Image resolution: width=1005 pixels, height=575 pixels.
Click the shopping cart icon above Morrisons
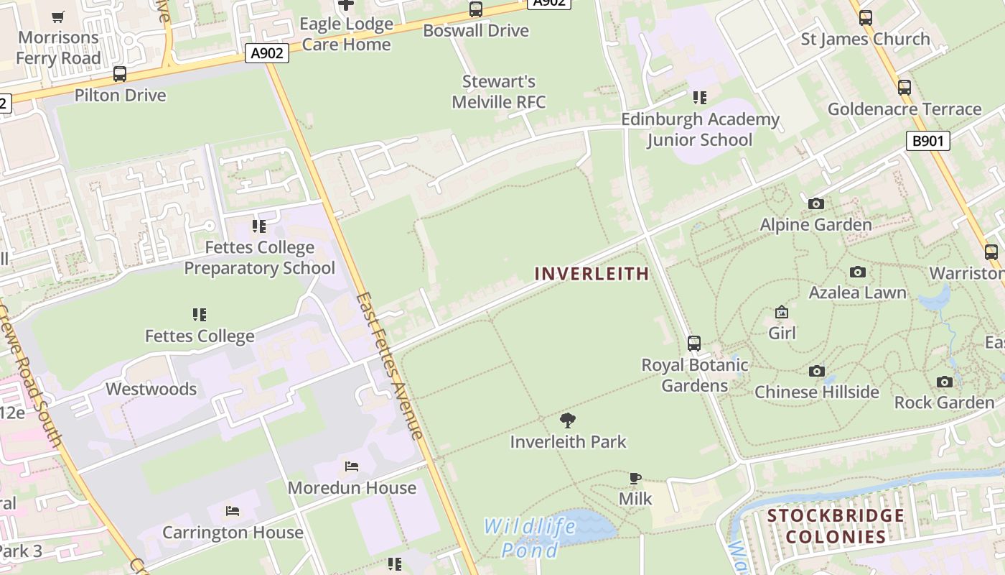pyautogui.click(x=58, y=17)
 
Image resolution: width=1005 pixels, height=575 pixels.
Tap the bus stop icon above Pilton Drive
pyautogui.click(x=120, y=74)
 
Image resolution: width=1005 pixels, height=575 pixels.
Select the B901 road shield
pyautogui.click(x=927, y=141)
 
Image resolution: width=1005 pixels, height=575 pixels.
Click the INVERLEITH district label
pyautogui.click(x=592, y=274)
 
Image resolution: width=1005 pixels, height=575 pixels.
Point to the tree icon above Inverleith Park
pyautogui.click(x=568, y=420)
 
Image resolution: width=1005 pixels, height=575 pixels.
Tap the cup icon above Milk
pyautogui.click(x=635, y=478)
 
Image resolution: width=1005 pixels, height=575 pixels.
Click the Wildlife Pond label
pyautogui.click(x=529, y=538)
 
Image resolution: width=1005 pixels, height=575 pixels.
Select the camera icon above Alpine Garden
pyautogui.click(x=815, y=204)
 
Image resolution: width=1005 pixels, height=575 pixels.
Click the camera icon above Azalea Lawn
pyautogui.click(x=857, y=272)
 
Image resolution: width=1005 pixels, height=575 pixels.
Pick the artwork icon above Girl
pyautogui.click(x=782, y=312)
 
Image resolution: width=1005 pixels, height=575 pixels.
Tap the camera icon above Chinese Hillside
pyautogui.click(x=816, y=372)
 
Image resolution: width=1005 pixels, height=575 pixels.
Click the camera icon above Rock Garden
pyautogui.click(x=944, y=382)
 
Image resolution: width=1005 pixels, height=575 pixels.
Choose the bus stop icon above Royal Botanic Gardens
pyautogui.click(x=694, y=344)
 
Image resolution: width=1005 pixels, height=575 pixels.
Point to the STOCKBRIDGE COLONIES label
pyautogui.click(x=836, y=526)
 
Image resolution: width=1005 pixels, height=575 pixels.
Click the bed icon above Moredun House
pyautogui.click(x=352, y=466)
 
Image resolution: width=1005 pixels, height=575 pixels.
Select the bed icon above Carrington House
pyautogui.click(x=233, y=511)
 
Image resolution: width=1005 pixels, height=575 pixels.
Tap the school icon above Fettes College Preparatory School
pyautogui.click(x=259, y=226)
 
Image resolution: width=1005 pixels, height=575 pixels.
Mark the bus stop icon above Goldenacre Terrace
pyautogui.click(x=904, y=88)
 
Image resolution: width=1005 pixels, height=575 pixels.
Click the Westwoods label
pyautogui.click(x=151, y=389)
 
